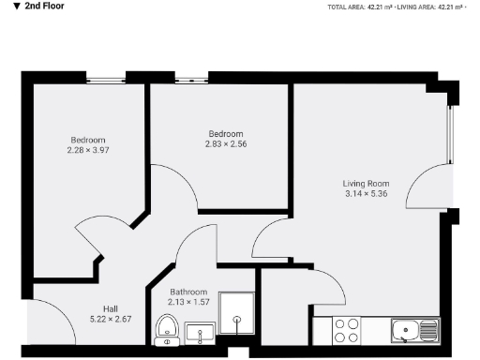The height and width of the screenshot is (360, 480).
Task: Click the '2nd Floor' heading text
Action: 38,7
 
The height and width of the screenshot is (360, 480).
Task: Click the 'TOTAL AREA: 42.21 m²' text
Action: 360,7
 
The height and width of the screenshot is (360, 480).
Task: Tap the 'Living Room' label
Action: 366,183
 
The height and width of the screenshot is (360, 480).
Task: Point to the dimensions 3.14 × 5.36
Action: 366,194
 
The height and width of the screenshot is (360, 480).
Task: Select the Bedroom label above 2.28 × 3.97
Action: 87,140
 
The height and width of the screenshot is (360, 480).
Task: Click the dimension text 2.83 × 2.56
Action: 226,143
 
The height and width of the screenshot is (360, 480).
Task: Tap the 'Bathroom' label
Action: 188,292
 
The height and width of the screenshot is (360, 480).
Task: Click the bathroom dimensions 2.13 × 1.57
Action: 188,302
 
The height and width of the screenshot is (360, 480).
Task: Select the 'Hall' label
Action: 110,309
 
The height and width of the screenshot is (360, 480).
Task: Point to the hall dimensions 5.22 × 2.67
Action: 110,320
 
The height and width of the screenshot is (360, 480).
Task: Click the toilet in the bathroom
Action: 167,331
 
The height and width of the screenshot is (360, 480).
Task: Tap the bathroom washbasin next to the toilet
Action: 199,333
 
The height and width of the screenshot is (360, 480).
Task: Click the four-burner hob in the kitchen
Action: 347,330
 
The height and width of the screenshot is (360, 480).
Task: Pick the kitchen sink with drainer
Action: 414,330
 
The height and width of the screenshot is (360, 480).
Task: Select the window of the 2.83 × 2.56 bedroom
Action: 191,81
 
